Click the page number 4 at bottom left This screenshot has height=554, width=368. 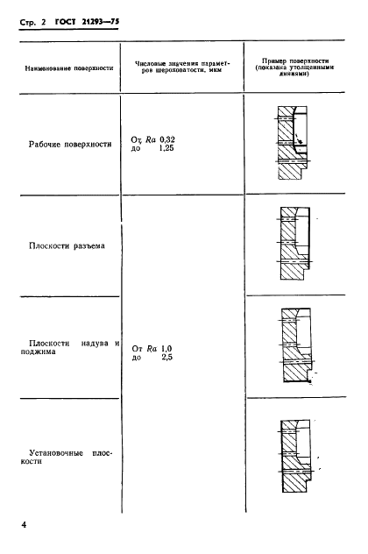(x=24, y=525)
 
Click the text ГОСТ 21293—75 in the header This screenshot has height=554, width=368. (x=88, y=22)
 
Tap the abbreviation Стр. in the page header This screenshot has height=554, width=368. (x=27, y=23)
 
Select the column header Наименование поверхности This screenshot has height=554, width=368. (x=69, y=68)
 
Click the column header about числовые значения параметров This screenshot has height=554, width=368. (x=182, y=67)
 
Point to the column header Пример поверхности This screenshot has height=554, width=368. (x=294, y=67)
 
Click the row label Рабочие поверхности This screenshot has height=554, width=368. (x=70, y=144)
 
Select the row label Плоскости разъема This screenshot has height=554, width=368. (x=67, y=246)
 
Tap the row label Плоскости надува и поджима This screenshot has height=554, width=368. (x=70, y=347)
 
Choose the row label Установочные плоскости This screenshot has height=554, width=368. (x=66, y=458)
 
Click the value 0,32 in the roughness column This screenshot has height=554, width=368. (x=167, y=140)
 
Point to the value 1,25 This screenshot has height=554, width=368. (x=166, y=148)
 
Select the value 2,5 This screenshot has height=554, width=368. (x=166, y=358)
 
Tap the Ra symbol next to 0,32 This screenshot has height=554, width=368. (x=151, y=140)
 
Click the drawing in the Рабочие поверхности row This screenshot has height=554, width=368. (x=293, y=143)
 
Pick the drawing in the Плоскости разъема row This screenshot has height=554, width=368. (x=294, y=244)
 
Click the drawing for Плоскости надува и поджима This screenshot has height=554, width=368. (x=297, y=345)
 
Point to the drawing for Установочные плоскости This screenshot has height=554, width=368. (x=297, y=456)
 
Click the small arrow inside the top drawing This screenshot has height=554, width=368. (x=299, y=138)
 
